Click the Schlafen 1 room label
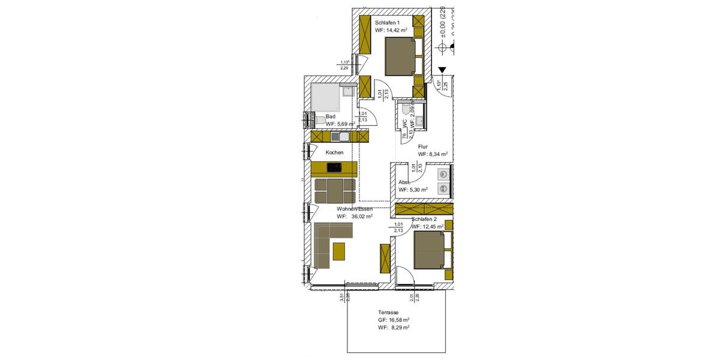point(388,22)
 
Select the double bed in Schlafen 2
point(430,250)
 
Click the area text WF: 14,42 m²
point(391,30)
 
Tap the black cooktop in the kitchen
point(335,168)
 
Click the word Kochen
point(334,152)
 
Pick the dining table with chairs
point(334,190)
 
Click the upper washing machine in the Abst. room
point(443,175)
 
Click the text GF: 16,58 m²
point(394,320)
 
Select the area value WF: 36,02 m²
point(355,217)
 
